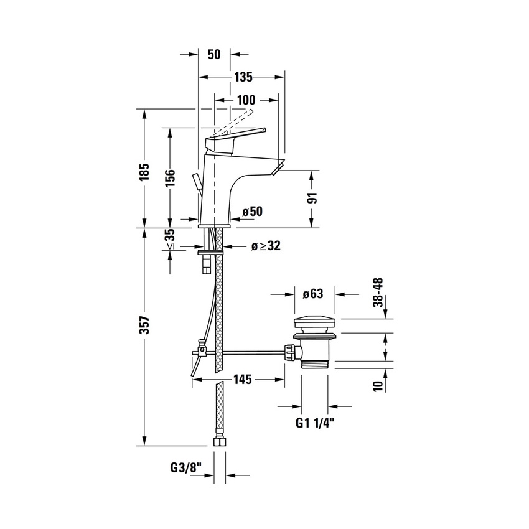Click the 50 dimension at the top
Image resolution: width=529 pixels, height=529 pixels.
tap(214, 55)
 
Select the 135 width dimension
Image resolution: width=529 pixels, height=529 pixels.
tap(243, 78)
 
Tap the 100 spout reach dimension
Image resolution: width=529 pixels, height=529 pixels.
tap(246, 100)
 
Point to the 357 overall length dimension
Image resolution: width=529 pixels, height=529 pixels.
tap(145, 326)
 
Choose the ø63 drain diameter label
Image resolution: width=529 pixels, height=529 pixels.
tap(315, 294)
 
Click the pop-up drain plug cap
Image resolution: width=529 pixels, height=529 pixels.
tap(315, 324)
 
